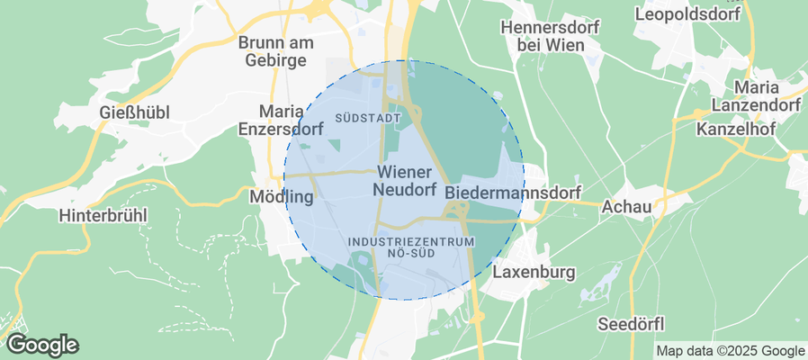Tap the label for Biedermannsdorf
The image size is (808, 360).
[x=513, y=193]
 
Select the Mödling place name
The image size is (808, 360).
[x=280, y=196]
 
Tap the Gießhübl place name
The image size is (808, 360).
[x=134, y=112]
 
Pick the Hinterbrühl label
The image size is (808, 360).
[x=102, y=216]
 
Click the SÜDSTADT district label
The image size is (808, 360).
[x=366, y=118]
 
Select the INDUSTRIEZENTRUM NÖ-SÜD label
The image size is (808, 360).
[x=410, y=247]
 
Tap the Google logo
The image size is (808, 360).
[x=41, y=344]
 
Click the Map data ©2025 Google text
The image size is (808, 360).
[x=730, y=351]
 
